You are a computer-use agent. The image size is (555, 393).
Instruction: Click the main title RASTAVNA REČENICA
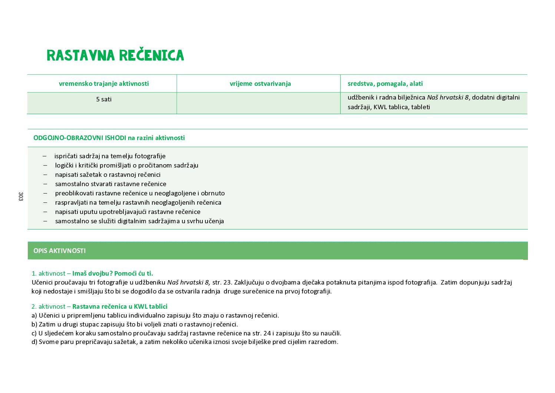[115, 55]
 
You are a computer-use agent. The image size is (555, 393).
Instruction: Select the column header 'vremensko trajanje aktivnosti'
[104, 84]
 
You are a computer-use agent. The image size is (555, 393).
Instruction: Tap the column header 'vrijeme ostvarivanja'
[260, 84]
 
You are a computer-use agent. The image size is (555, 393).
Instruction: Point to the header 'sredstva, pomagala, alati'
[385, 84]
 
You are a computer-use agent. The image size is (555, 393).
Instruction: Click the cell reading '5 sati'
[104, 99]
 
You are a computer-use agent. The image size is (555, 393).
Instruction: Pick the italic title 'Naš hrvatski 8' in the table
[447, 97]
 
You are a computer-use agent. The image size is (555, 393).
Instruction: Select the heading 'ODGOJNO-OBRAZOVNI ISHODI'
[79, 138]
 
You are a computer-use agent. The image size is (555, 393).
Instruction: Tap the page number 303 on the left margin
[21, 196]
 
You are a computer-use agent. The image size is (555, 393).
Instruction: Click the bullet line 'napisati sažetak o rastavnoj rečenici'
[108, 175]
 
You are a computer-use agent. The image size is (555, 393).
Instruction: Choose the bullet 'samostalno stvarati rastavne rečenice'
[110, 184]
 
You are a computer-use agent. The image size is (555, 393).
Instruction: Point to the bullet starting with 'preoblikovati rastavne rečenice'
[140, 193]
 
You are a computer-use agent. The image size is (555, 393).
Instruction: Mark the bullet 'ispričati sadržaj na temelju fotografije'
[110, 156]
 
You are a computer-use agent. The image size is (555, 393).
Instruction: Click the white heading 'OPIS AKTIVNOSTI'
[59, 251]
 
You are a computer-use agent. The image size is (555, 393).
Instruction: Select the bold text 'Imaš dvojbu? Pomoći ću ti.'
[113, 273]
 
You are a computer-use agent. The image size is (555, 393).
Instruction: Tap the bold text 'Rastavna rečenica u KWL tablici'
[120, 306]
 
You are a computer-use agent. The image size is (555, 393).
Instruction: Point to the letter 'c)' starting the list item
[34, 333]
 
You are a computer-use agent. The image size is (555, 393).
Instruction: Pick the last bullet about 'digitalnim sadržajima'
[139, 221]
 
